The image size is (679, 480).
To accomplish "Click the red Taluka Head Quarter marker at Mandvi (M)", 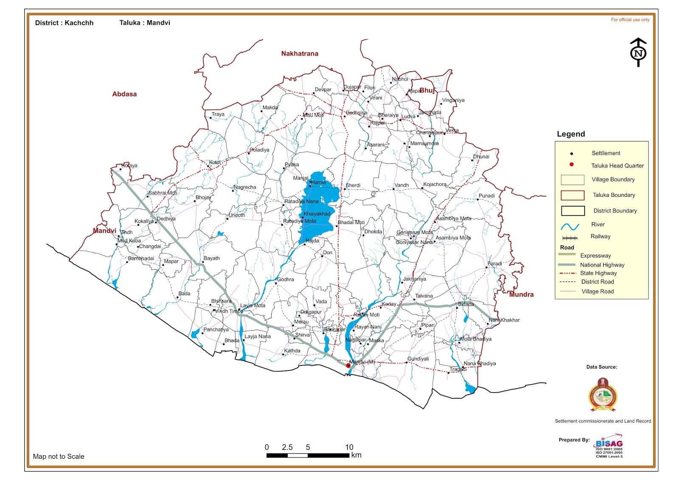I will (x=348, y=365).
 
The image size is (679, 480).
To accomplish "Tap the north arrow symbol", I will (x=638, y=52).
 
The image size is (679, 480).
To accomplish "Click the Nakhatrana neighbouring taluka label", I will (x=299, y=53).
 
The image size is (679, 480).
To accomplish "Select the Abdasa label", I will (x=124, y=94).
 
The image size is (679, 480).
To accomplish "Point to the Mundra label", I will (x=521, y=295).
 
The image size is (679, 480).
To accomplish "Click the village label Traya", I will (x=218, y=114).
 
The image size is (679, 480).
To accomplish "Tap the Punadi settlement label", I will (x=486, y=196).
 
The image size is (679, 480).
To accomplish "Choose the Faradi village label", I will (x=494, y=264).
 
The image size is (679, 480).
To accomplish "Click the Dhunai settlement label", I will (x=481, y=157).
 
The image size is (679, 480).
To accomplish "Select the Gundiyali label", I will (x=418, y=359).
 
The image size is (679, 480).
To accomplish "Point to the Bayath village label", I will (x=211, y=258).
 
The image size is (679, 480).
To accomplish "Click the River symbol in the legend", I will (x=570, y=226).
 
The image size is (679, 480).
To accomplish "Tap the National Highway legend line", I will (x=567, y=265).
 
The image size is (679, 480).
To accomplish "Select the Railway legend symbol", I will (x=570, y=238).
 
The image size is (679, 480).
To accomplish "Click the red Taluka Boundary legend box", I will (x=572, y=195).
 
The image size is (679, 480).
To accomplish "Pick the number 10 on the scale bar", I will (x=349, y=447).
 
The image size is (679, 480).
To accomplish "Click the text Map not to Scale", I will (x=59, y=456).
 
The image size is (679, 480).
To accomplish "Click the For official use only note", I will (x=630, y=20).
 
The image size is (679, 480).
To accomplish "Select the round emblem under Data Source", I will (x=603, y=395).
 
